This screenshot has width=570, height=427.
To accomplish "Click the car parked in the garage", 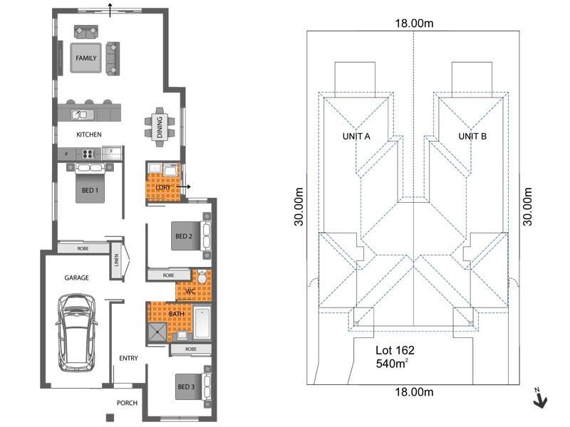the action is click(76, 332).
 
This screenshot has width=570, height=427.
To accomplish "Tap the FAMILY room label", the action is click(86, 58).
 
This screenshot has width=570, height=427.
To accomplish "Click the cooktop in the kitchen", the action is click(88, 154).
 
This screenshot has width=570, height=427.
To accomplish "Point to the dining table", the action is click(160, 127).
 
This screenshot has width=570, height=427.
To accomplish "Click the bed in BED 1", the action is click(90, 183).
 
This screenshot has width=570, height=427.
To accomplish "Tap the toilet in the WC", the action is click(202, 277).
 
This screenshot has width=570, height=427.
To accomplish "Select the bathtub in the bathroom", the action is click(202, 323).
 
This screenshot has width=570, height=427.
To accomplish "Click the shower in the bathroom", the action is click(157, 332).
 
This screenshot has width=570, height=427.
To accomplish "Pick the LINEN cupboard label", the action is click(116, 260).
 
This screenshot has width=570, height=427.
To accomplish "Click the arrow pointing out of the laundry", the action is click(184, 187).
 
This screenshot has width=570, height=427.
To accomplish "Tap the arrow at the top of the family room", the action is click(110, 10).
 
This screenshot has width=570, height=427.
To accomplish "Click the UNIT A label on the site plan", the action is click(356, 136).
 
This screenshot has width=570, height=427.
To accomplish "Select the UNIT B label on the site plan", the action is click(472, 136).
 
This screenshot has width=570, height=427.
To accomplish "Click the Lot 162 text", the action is click(395, 350).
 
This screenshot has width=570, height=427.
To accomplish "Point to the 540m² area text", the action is click(392, 363).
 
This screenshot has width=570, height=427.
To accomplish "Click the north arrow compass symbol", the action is click(540, 399).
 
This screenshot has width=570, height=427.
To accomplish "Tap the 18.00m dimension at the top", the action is click(414, 23).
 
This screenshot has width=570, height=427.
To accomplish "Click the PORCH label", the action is click(127, 403).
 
